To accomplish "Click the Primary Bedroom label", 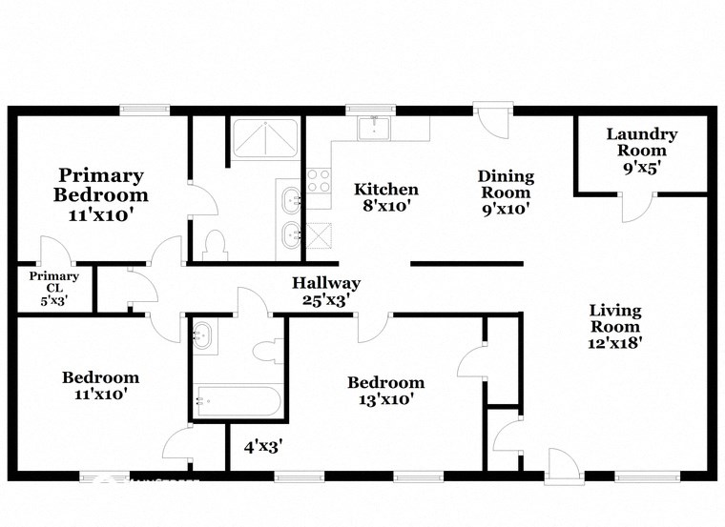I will (101, 194).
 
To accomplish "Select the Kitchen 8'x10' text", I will (386, 198).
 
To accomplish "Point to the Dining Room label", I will (506, 192).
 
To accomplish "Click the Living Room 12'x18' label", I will (615, 327).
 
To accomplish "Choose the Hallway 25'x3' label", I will (326, 292).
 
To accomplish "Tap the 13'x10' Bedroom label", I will (385, 391).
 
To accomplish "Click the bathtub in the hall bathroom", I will (237, 401).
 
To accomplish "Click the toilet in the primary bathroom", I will (214, 244).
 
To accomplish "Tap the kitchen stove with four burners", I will (318, 181).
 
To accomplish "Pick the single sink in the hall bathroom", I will (203, 334).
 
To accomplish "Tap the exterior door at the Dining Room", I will (494, 119).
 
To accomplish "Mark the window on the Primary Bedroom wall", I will (144, 110).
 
